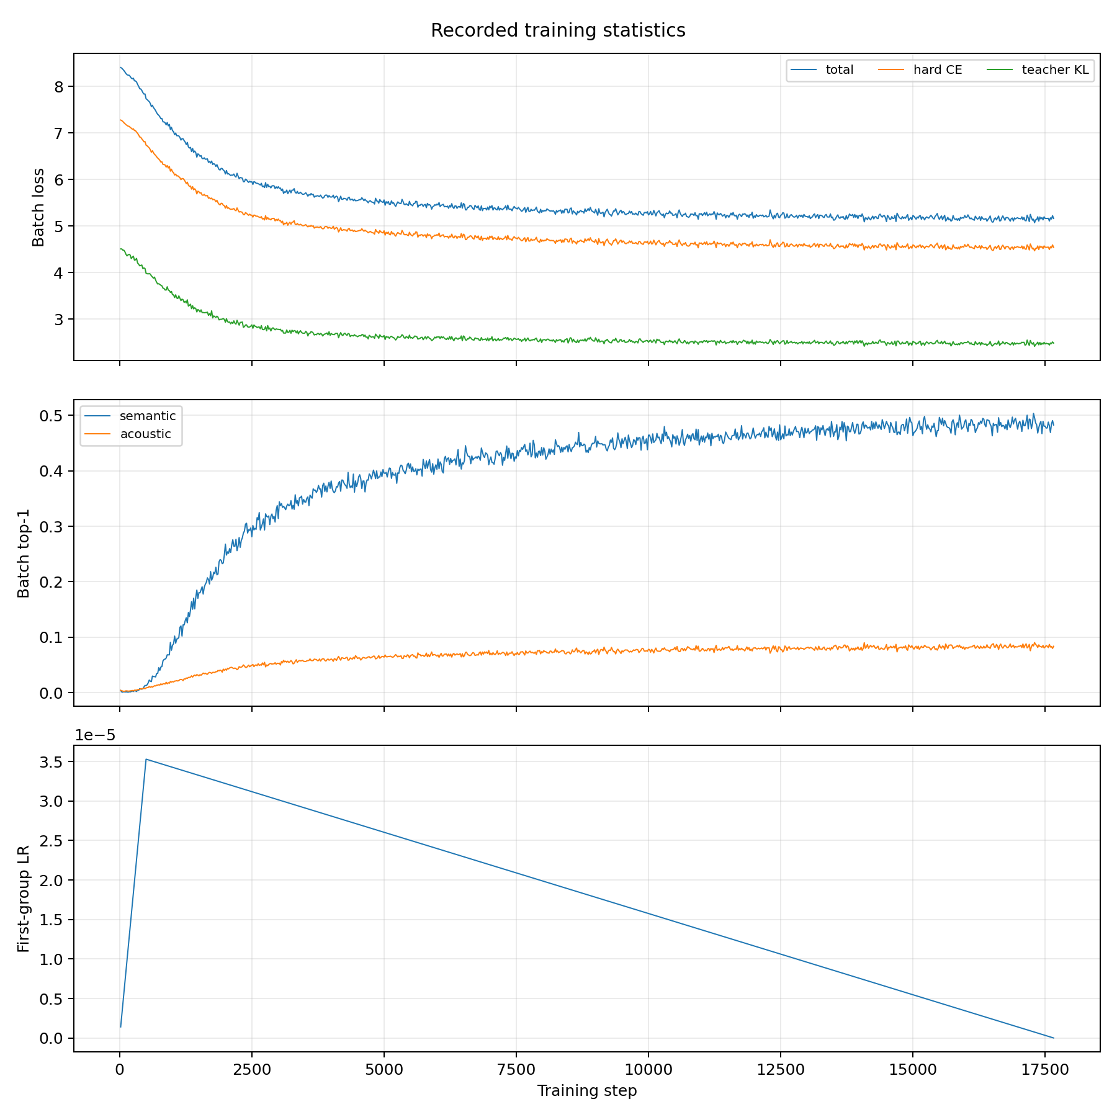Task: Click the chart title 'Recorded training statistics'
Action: pos(558,30)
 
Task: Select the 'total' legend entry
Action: pos(822,70)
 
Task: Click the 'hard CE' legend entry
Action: pos(920,70)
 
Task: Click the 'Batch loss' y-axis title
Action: pos(38,207)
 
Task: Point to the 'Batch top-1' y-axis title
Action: pos(24,553)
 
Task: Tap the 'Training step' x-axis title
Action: pos(587,1090)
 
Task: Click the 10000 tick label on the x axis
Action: pos(648,1069)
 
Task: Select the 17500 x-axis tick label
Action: pos(1045,1069)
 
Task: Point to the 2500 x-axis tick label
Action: pos(252,1069)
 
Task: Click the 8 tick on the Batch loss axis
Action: pos(60,86)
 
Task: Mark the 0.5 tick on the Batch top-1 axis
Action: pos(52,416)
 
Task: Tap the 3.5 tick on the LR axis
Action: pos(52,762)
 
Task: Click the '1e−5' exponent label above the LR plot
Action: pos(95,735)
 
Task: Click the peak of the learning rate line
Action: pos(146,759)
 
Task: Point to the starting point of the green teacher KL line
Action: pos(120,249)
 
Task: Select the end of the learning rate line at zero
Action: pos(1054,1038)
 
